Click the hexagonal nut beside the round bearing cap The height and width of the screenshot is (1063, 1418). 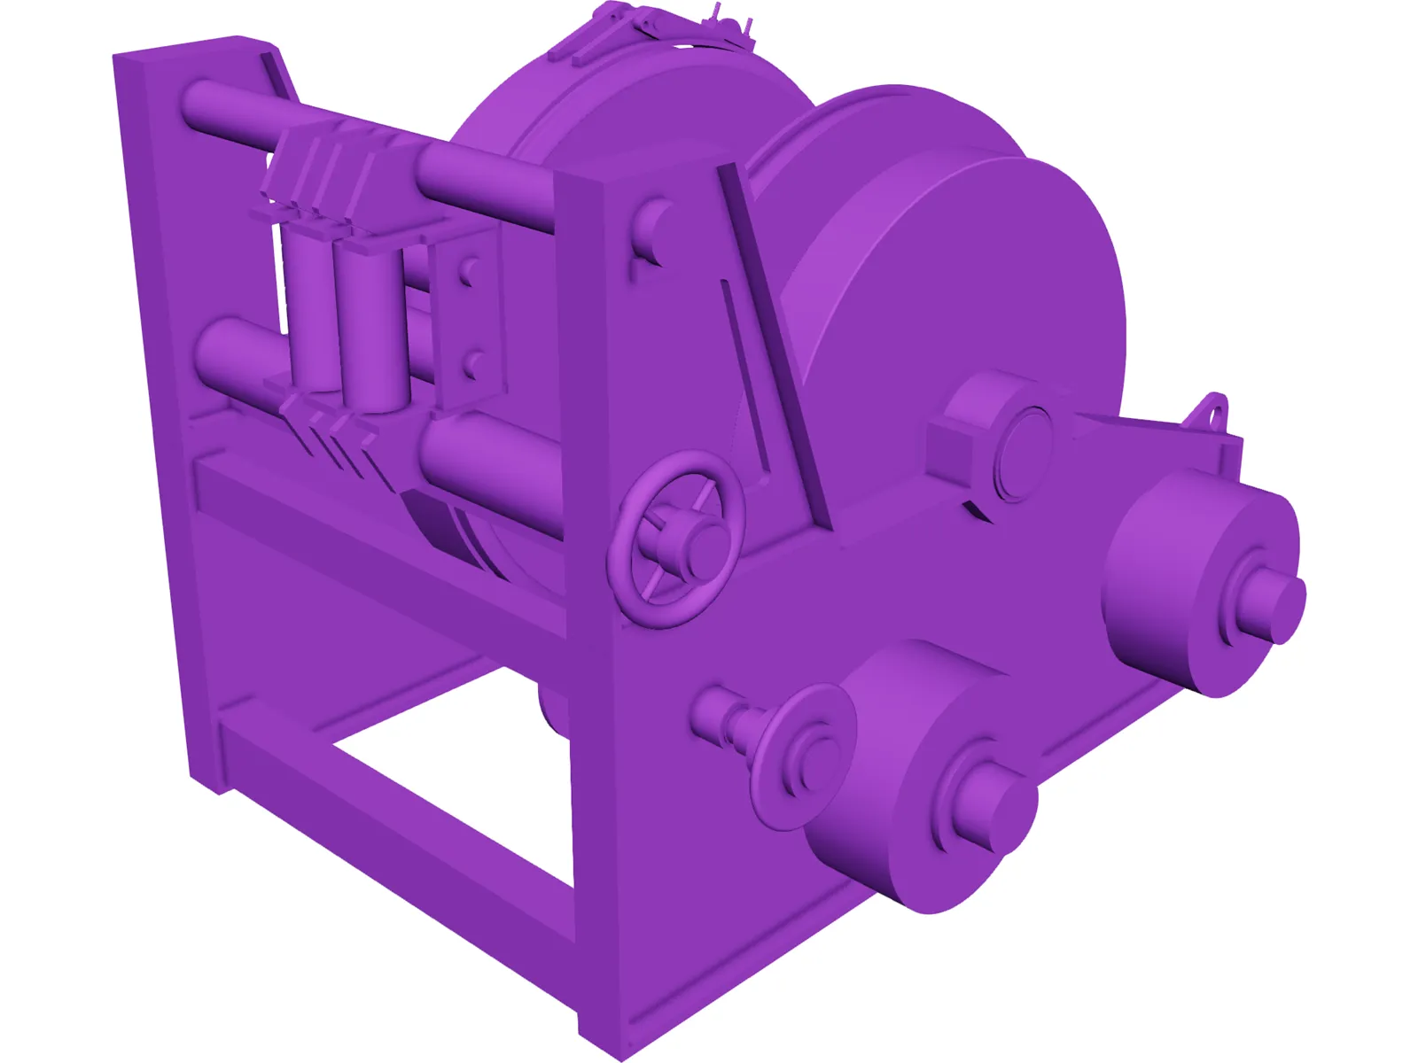[x=962, y=434]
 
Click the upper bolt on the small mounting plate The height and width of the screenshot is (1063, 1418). [x=469, y=271]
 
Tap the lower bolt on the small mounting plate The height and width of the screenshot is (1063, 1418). [x=474, y=363]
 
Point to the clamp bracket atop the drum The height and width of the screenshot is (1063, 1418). [x=656, y=31]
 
